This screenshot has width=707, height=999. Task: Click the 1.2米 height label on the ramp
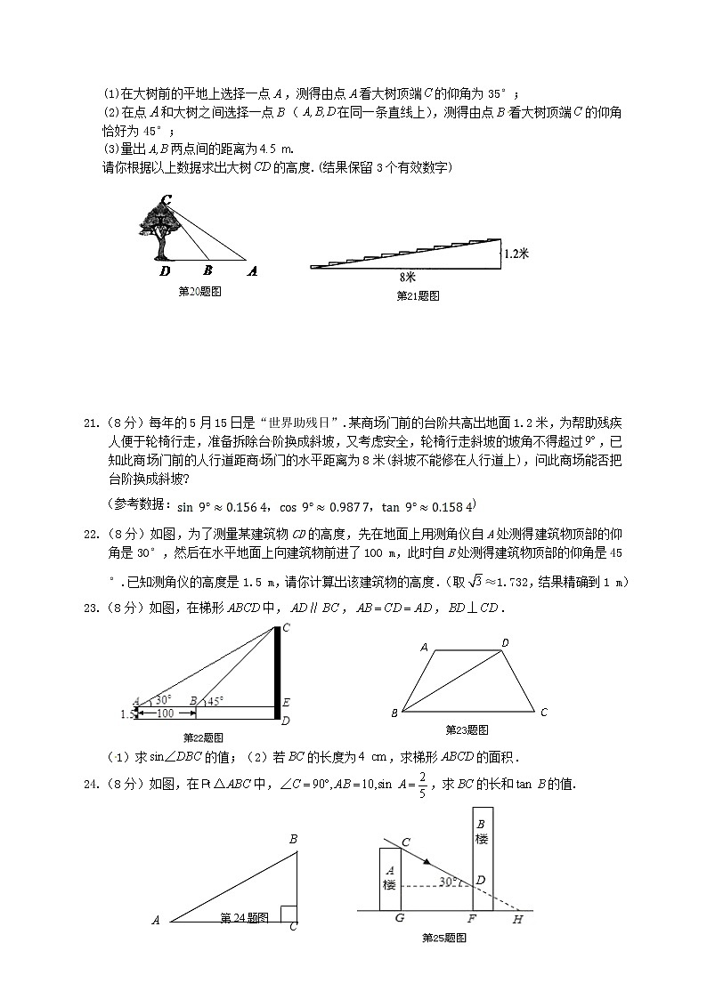click(x=516, y=254)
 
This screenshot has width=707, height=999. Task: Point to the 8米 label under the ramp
click(x=408, y=277)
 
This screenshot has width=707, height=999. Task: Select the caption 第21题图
click(x=417, y=296)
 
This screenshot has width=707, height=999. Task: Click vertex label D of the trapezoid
click(x=505, y=642)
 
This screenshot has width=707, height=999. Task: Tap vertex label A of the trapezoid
click(x=424, y=648)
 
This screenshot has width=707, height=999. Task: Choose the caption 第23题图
click(x=467, y=730)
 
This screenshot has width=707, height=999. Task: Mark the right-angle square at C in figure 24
click(x=288, y=914)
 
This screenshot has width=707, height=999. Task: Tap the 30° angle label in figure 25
click(x=448, y=881)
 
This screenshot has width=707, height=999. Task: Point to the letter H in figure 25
click(x=518, y=920)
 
